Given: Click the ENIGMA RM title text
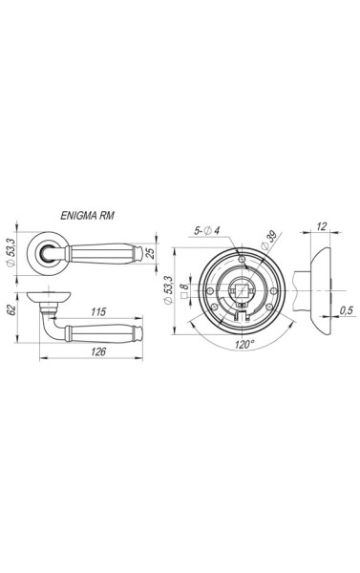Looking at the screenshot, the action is pyautogui.click(x=87, y=216).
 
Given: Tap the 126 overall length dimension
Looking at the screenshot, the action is pyautogui.click(x=98, y=351).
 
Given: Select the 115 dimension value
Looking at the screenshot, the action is pyautogui.click(x=98, y=311).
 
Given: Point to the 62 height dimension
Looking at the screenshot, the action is pyautogui.click(x=11, y=310).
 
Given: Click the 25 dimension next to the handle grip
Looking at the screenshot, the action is pyautogui.click(x=150, y=252).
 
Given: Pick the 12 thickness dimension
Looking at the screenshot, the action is pyautogui.click(x=322, y=226).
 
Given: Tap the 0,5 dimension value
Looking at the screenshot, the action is pyautogui.click(x=346, y=310).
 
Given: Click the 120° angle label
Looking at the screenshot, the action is pyautogui.click(x=244, y=344).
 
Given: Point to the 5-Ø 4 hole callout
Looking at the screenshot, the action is pyautogui.click(x=207, y=230).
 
